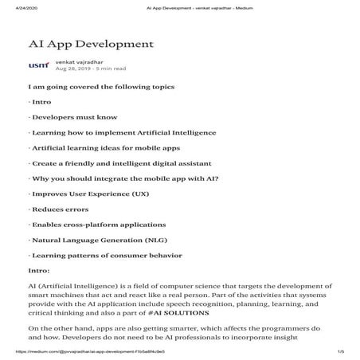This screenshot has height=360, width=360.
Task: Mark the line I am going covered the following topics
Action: (x=101, y=86)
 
